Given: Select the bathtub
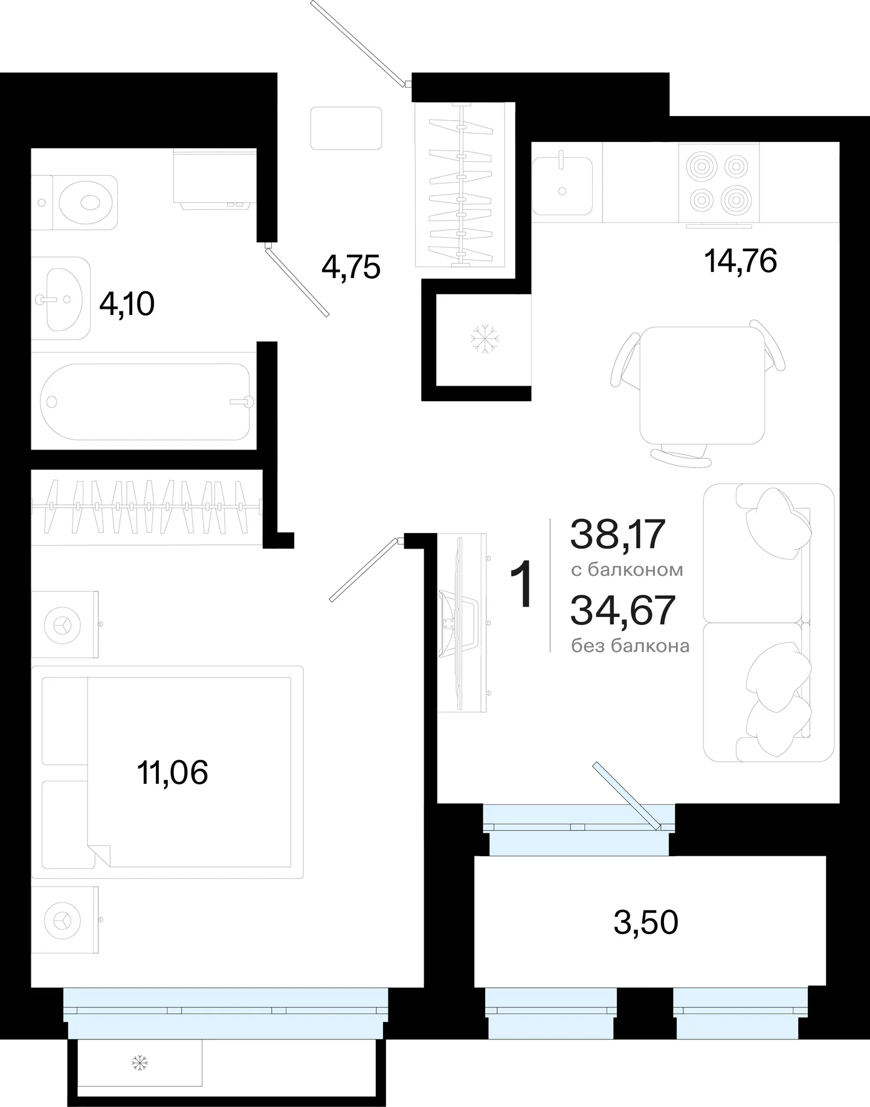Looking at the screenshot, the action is [x=145, y=402].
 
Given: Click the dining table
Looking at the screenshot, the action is [x=702, y=386].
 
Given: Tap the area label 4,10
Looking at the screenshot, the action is [x=127, y=304].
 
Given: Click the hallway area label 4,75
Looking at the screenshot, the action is [x=351, y=266].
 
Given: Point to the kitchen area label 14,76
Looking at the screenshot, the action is [x=740, y=260].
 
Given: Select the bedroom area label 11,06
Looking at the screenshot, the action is [x=173, y=772].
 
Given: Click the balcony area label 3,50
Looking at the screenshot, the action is [x=646, y=922].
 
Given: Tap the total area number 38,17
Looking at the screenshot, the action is [x=617, y=535].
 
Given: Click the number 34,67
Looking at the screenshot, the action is [x=622, y=610].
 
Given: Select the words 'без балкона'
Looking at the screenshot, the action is [x=630, y=646].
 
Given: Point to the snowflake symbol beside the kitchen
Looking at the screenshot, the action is [x=483, y=338].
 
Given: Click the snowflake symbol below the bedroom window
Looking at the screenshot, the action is [x=140, y=1062].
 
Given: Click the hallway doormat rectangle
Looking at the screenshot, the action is [x=346, y=128].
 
